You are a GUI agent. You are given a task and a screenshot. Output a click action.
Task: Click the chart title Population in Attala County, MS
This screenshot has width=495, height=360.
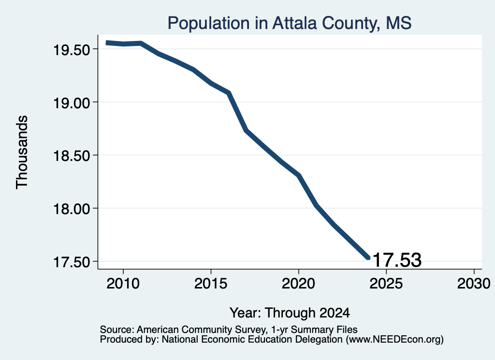coord(289,23)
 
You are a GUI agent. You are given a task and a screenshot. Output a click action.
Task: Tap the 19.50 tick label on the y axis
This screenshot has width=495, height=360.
coord(72,50)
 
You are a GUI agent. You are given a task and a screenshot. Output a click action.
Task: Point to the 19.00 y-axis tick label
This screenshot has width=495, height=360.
coord(72,103)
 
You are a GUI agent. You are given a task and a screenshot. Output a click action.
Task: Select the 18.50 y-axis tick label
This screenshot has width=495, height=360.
coord(72,156)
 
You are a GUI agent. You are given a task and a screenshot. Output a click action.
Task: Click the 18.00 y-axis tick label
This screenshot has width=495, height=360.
coord(72,209)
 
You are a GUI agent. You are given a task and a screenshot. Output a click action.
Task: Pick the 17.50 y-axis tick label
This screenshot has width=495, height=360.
coord(72,262)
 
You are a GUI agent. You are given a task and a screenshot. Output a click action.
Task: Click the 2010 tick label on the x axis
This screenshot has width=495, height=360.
coord(123,283)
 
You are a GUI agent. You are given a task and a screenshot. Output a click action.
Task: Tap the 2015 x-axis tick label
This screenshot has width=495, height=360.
coord(211,283)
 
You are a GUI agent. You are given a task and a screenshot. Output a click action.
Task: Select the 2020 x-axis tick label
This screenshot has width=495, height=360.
coord(298,283)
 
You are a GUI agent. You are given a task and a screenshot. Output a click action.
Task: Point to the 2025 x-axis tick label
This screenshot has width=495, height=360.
coord(386,283)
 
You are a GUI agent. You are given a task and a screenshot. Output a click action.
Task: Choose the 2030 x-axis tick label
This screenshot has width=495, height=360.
coord(474,283)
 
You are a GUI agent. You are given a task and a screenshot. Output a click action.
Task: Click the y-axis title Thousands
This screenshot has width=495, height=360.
coord(22,152)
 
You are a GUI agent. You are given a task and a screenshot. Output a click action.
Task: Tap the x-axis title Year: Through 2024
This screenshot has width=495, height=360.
coord(290,313)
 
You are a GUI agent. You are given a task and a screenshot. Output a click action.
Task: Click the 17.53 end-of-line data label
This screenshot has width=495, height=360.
coord(397,260)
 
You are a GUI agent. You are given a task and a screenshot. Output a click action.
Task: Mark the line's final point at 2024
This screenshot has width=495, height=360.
coord(368,258)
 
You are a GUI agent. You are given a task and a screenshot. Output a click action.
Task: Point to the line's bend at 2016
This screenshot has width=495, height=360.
coord(229,93)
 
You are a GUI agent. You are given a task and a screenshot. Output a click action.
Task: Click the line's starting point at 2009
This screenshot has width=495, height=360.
coord(107,43)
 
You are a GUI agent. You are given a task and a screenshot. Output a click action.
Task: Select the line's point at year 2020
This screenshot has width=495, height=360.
coord(298,175)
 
